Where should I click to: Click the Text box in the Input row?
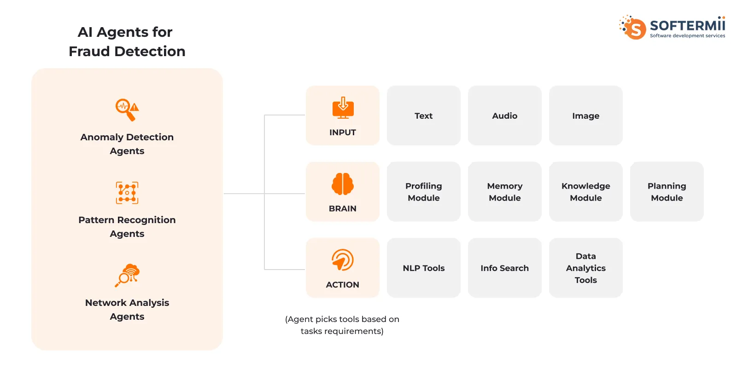pos(423,115)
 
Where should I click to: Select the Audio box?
pos(505,115)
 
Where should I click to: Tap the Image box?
pos(585,115)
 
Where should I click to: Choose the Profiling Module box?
pos(423,191)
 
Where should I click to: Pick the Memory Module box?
pos(505,191)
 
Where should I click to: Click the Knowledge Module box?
pos(585,191)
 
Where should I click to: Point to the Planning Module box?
pos(667,191)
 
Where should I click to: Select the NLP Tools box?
pos(423,268)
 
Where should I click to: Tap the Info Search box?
pos(505,268)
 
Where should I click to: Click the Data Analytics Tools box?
pos(585,268)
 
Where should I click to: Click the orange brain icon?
pos(343,184)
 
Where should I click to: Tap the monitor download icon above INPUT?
pos(343,108)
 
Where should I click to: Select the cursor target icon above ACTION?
pos(343,260)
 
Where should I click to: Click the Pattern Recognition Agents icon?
pos(127,193)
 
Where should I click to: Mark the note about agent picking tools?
pos(342,325)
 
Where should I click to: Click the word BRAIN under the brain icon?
pos(343,208)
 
